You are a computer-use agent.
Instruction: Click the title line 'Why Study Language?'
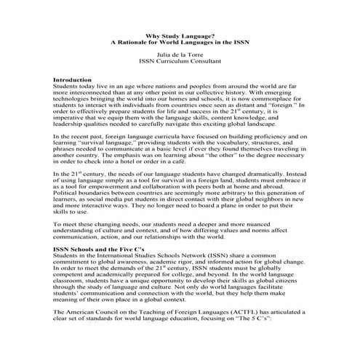[x=180, y=34]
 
